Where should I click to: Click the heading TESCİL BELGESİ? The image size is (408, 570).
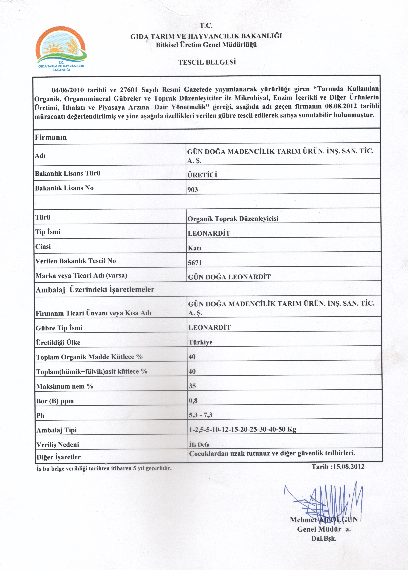207,62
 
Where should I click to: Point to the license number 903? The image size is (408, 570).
193,190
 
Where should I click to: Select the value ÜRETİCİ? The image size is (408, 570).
202,175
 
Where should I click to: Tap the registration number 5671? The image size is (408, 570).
195,263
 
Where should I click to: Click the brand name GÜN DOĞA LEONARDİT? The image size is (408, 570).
229,277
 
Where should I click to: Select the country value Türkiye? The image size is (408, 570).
200,342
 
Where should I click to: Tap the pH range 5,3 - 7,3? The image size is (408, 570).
200,415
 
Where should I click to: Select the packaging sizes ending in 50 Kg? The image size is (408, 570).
243,429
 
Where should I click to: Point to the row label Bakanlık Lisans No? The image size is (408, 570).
64,188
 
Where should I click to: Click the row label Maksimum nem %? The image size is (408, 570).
65,386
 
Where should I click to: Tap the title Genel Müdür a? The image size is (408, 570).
324,529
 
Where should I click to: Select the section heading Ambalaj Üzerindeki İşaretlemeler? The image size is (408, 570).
95,290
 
